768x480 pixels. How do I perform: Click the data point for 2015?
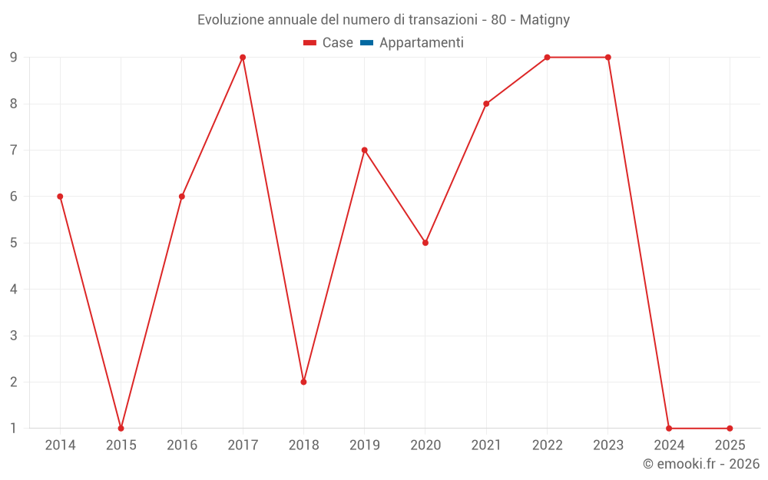point(121,429)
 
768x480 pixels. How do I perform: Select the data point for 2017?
point(243,58)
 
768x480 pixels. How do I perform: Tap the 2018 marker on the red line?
point(303,382)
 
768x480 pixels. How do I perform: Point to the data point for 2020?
point(425,243)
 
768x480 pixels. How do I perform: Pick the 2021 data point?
point(486,104)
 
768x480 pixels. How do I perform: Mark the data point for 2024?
point(669,429)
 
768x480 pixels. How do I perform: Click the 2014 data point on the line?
point(60,197)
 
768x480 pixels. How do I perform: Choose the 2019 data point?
point(365,150)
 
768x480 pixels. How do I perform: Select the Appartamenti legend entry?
point(421,43)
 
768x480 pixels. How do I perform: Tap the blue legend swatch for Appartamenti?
point(366,43)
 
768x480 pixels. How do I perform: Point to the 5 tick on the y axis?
point(14,243)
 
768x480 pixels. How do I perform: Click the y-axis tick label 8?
point(14,104)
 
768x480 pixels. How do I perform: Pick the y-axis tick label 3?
point(14,336)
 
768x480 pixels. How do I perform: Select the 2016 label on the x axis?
point(182,445)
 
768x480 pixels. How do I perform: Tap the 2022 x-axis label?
point(547,445)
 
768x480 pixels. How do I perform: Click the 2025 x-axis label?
point(730,445)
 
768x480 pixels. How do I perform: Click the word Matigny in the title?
point(545,20)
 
